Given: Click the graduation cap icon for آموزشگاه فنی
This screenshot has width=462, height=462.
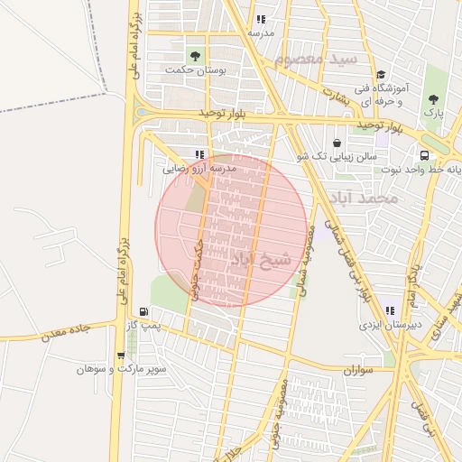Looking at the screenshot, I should coord(380,75).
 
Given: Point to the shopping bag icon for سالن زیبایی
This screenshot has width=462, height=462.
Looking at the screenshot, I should coord(337,142).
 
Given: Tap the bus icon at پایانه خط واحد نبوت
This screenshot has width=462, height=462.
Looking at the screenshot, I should coord(424,154).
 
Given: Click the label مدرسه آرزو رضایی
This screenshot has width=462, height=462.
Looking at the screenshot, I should coord(199,169).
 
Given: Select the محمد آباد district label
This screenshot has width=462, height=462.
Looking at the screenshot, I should coord(363,196).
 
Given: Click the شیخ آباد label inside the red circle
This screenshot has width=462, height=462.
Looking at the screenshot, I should coord(263,261).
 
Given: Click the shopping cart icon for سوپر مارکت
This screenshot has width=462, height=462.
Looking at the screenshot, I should coord(121,356).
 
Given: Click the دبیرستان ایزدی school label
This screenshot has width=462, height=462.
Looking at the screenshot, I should coord(386,323).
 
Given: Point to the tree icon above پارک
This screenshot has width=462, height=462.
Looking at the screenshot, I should coord(435,97).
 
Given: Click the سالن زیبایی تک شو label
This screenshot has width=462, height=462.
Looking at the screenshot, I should coord(335,156).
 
